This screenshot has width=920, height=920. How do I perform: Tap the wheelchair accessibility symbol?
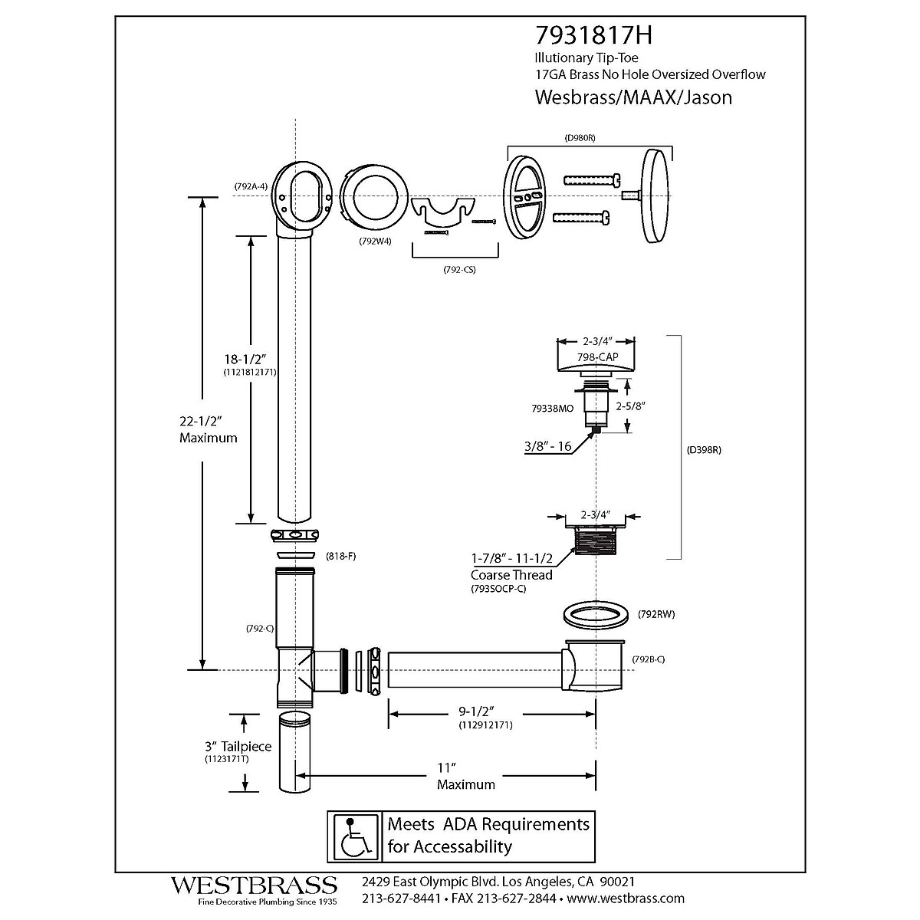click(x=355, y=836)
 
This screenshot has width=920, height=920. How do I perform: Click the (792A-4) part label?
click(x=251, y=186)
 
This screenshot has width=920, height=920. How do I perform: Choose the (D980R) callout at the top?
click(x=580, y=138)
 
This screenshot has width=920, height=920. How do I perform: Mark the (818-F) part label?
click(x=340, y=556)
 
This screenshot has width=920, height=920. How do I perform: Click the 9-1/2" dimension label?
click(x=485, y=713)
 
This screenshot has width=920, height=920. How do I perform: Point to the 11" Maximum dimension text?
click(x=465, y=776)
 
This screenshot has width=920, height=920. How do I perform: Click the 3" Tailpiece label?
click(x=238, y=747)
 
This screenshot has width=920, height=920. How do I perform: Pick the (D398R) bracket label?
click(x=705, y=451)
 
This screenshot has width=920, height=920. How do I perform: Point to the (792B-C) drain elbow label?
click(x=649, y=659)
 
